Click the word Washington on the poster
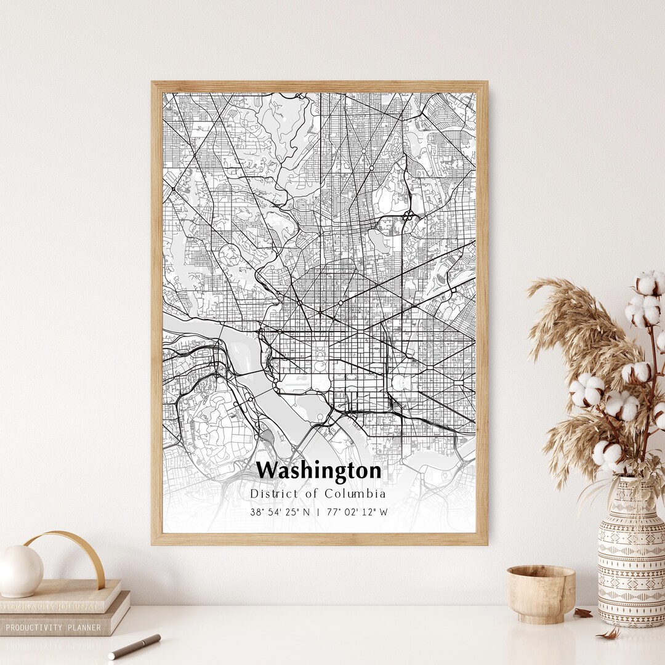(x=318, y=471)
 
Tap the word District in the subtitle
(x=272, y=494)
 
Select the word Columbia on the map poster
(x=360, y=494)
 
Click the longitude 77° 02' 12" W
(x=357, y=512)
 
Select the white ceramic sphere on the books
(x=20, y=571)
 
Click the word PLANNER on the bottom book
(x=84, y=627)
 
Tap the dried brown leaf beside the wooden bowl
(x=582, y=613)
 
